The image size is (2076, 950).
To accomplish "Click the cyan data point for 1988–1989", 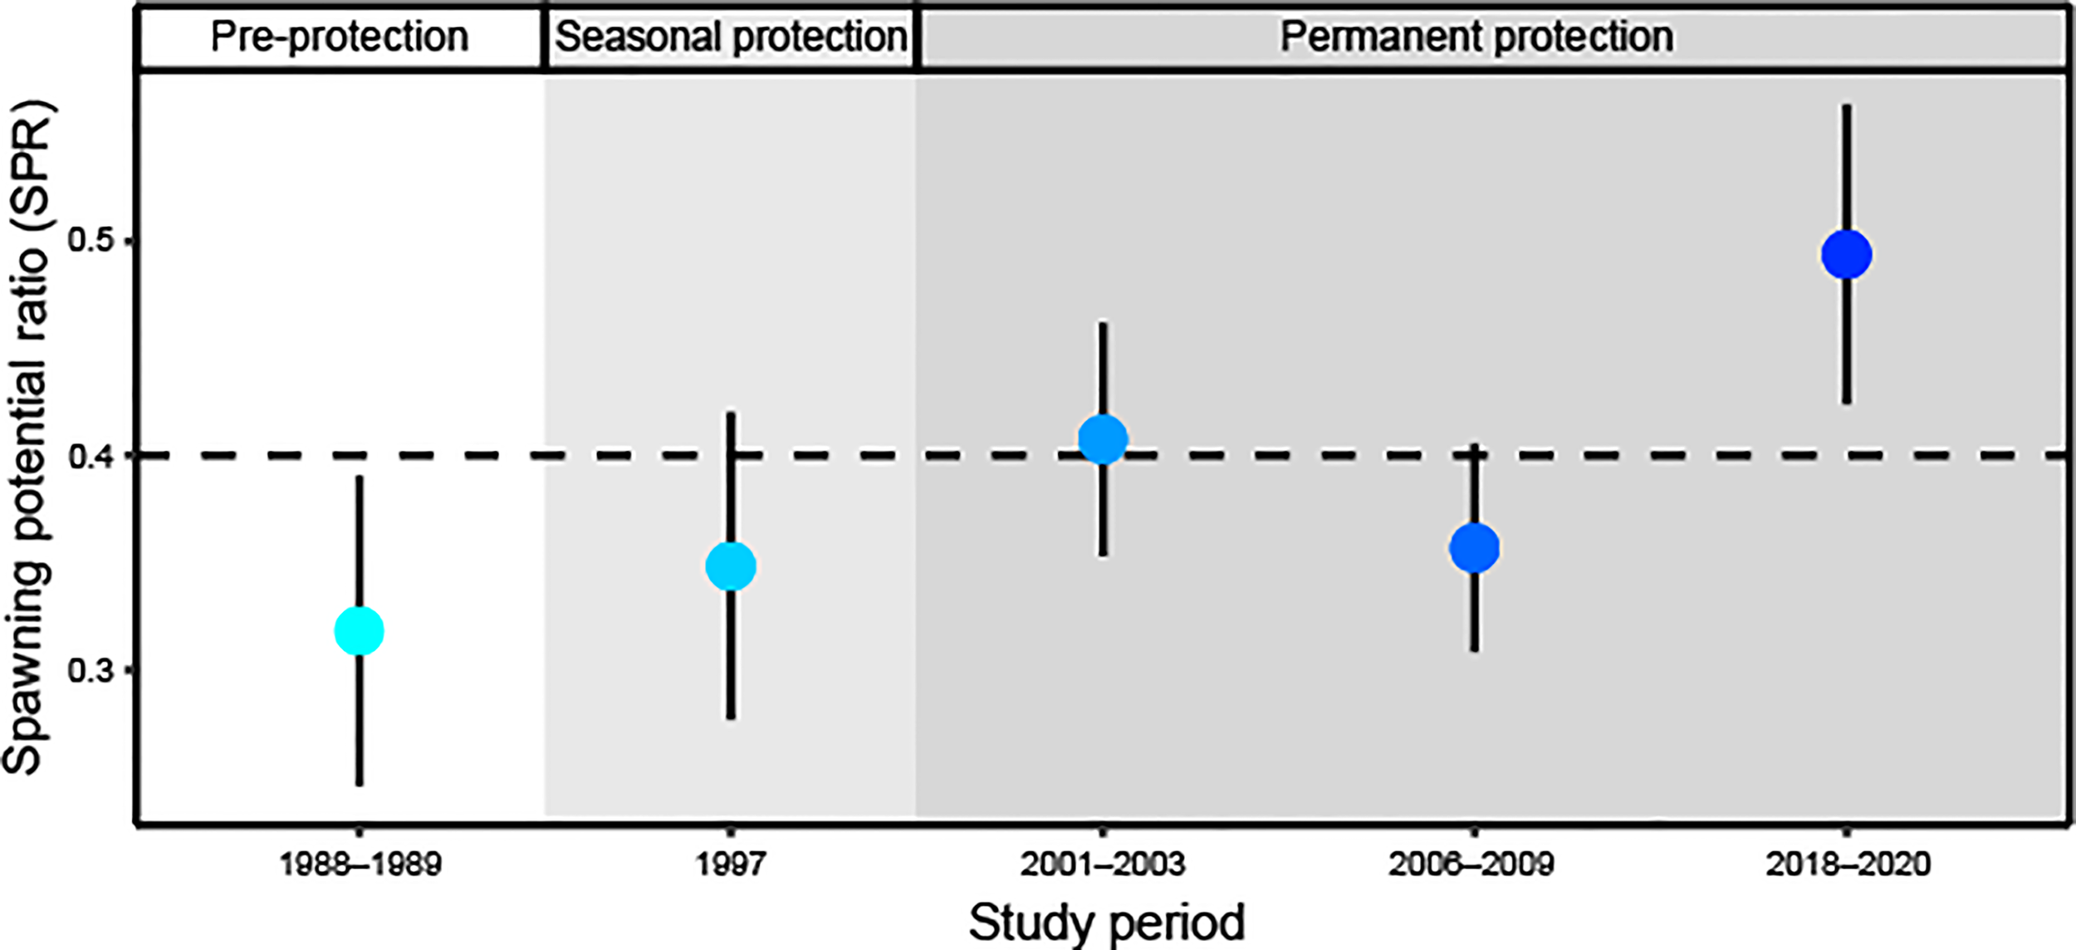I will (359, 631).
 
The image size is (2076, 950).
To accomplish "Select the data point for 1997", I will (730, 566).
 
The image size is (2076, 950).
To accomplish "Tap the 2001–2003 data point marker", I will (1102, 438).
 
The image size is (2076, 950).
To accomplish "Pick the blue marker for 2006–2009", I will (1474, 548).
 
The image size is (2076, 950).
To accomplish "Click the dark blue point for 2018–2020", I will (1846, 255).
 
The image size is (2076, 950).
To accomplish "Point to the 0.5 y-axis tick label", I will (90, 241).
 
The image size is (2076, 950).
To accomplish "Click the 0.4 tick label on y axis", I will (90, 456).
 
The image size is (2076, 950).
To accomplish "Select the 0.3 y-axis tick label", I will (90, 670).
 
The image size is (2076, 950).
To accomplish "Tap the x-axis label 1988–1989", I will (359, 865).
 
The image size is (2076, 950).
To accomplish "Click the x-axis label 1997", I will (730, 865).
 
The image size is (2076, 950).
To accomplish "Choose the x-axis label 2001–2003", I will (1102, 865).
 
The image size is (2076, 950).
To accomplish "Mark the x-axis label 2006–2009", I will (1471, 865).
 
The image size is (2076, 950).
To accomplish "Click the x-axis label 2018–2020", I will (1848, 865).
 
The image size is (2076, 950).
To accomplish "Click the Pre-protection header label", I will (340, 37).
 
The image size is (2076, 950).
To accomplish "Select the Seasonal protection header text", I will (731, 37).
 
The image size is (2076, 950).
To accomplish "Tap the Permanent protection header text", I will (1476, 37).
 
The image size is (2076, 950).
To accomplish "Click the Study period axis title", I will (1106, 923).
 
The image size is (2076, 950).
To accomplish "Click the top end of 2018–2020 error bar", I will (1846, 107).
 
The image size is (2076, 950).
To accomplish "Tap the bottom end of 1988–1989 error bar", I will (359, 783).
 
